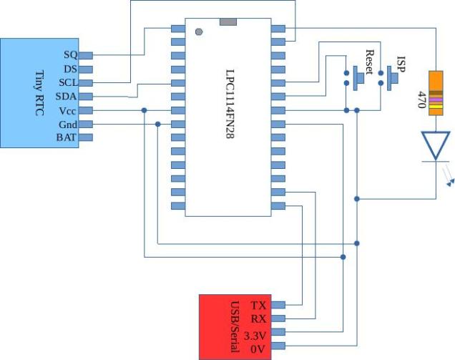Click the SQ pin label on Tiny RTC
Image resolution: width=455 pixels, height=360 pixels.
click(x=70, y=55)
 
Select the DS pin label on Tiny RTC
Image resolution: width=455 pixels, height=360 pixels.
click(x=70, y=69)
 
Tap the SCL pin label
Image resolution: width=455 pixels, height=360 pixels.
click(x=68, y=82)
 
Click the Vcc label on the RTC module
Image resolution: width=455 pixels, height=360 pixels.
click(x=68, y=110)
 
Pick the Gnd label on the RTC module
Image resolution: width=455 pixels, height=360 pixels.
click(x=68, y=124)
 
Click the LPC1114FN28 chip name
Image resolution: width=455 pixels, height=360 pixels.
click(x=230, y=104)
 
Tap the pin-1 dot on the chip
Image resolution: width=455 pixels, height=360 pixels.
click(x=199, y=31)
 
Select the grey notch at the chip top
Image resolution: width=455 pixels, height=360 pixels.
click(x=228, y=22)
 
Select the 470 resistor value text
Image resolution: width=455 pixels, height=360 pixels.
click(x=421, y=99)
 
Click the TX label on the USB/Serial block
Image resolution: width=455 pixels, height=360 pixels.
click(x=258, y=305)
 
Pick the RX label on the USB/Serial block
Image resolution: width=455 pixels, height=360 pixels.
click(x=258, y=318)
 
